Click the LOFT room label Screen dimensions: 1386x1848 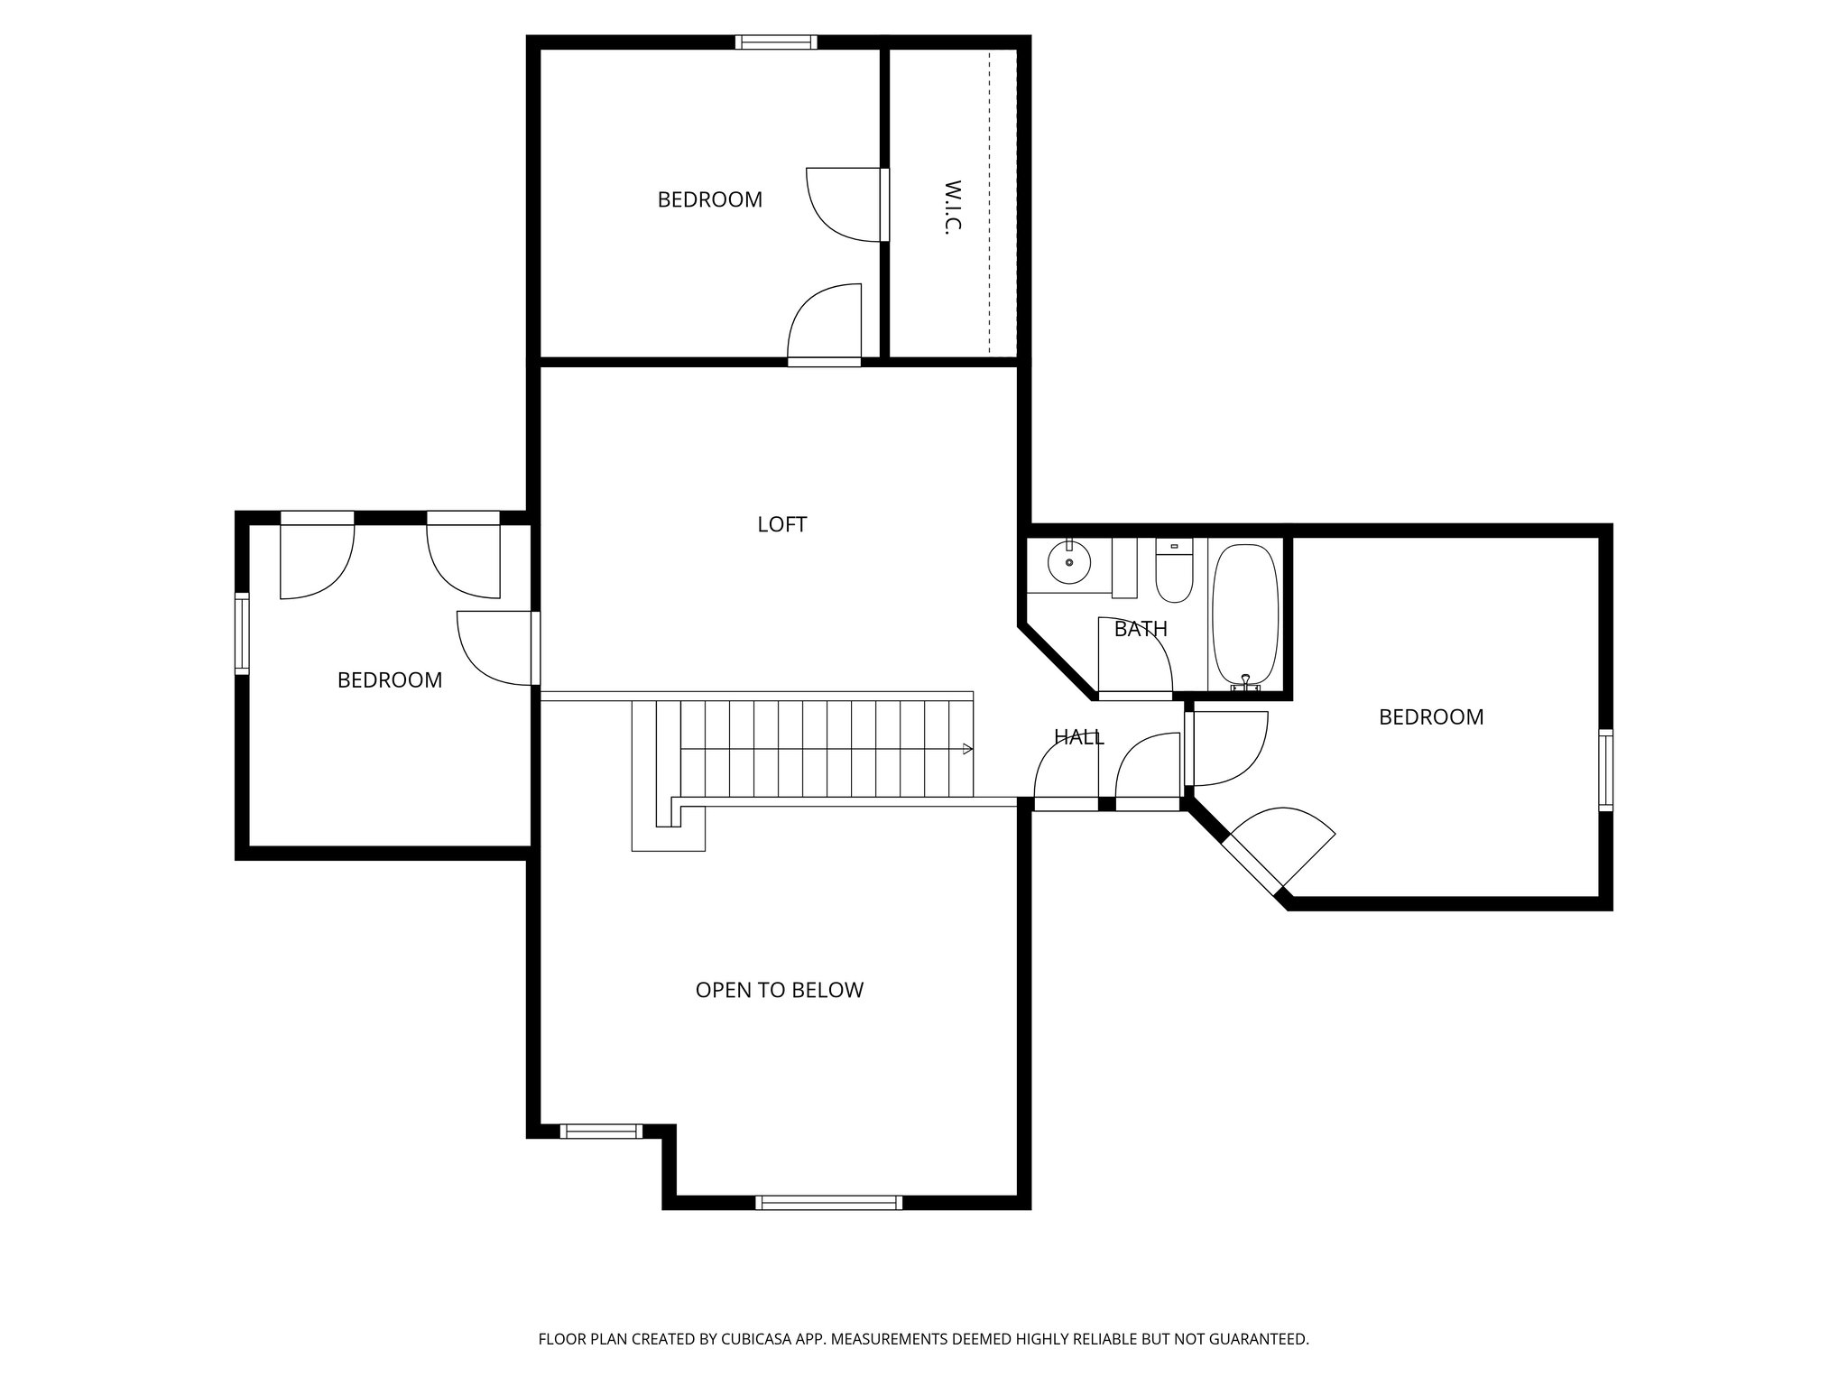click(781, 524)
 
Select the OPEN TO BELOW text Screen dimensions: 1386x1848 click(779, 990)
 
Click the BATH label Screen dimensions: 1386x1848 click(1141, 629)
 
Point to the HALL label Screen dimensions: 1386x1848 click(1078, 737)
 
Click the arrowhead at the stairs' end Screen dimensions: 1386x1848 click(967, 748)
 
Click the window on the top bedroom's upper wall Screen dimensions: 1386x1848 click(776, 42)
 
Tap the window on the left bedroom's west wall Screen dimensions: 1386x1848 click(242, 633)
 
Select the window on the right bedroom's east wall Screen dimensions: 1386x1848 click(1605, 770)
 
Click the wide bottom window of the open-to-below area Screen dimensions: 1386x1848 click(828, 1202)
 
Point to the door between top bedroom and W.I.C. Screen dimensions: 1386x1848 click(884, 205)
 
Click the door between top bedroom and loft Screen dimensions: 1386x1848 click(824, 361)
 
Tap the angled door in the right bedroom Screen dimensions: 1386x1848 click(1252, 864)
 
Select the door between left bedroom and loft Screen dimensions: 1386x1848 click(535, 648)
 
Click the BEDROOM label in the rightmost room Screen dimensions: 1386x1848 click(1430, 716)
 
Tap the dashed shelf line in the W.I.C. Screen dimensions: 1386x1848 click(989, 203)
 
